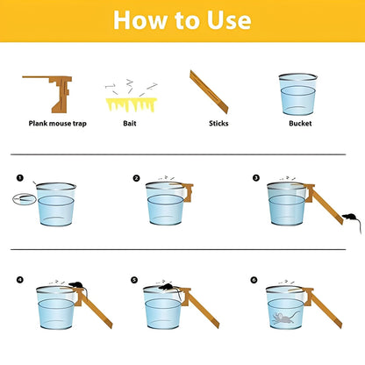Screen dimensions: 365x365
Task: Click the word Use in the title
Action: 229,20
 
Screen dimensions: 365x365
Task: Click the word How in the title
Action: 140,20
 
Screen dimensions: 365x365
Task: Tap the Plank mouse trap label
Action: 58,124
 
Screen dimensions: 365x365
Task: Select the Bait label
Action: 130,123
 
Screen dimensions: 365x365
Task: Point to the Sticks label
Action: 218,123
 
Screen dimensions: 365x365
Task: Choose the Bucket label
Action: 300,123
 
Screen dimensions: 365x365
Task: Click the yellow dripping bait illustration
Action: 132,104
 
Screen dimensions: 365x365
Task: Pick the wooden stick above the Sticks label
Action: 209,91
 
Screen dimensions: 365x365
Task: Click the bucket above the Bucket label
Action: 297,94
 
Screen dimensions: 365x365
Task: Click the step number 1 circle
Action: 20,177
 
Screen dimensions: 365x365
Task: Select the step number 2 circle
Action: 136,178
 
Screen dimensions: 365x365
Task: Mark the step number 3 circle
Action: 256,177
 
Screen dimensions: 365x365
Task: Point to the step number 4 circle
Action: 19,280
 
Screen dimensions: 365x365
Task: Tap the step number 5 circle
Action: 134,280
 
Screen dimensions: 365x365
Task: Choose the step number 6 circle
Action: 254,280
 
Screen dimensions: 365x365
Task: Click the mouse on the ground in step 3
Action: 350,218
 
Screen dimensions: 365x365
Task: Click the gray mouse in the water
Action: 284,318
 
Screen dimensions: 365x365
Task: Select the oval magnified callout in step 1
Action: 25,199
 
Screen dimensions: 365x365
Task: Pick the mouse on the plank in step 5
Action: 168,287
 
